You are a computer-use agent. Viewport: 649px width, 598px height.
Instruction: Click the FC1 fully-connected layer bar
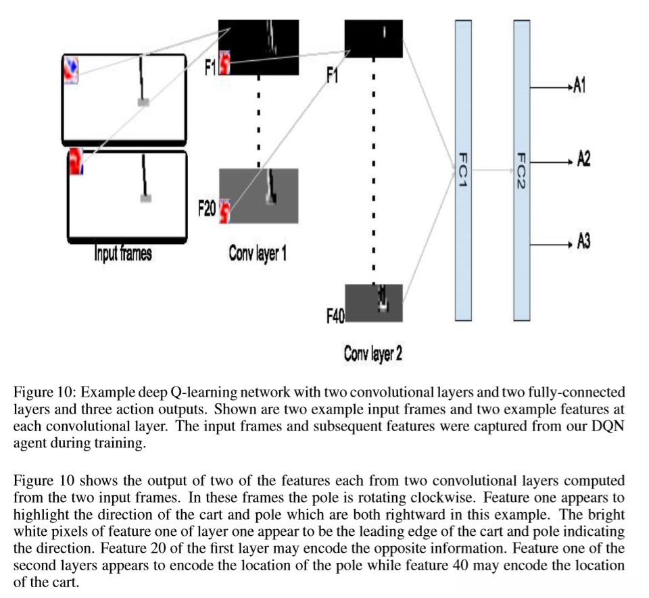click(463, 170)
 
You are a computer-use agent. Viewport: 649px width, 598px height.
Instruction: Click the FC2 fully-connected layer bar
click(521, 170)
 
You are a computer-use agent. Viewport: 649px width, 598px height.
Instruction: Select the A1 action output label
click(579, 86)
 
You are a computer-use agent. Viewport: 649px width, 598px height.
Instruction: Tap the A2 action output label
click(583, 159)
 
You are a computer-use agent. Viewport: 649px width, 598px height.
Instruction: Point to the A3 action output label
click(583, 241)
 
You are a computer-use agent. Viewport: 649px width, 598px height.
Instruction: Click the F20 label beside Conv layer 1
click(207, 208)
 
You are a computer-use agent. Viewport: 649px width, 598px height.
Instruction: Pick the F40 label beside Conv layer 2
click(335, 316)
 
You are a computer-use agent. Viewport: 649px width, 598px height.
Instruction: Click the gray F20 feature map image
click(259, 195)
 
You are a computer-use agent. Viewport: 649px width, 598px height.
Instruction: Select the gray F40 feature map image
click(374, 303)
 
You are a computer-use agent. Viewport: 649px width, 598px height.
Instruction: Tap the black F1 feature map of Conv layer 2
click(373, 39)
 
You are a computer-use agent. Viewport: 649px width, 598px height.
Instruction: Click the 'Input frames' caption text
click(123, 253)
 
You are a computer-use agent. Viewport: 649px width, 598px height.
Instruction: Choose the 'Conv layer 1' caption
click(258, 253)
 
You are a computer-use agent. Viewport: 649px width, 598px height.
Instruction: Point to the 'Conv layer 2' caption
click(372, 354)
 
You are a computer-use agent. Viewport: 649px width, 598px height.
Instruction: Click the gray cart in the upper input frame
click(143, 102)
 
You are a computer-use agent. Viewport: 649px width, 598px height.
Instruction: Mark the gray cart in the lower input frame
click(146, 199)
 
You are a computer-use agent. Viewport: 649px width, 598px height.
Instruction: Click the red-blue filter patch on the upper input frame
click(71, 70)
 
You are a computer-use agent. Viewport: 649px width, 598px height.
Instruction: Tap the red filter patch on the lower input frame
click(76, 161)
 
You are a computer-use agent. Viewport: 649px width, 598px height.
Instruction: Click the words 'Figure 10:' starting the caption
click(45, 392)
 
